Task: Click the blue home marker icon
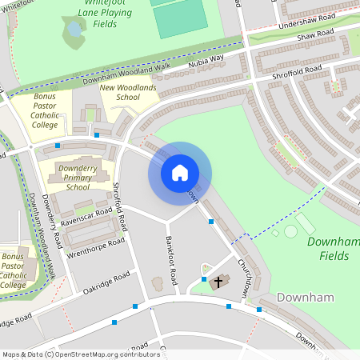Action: click(180, 172)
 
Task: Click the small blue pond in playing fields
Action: click(74, 29)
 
